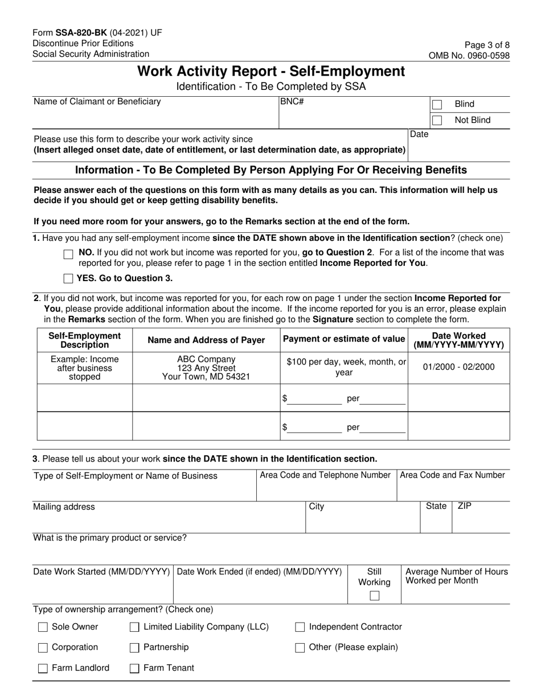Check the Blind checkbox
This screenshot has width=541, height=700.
coord(437,104)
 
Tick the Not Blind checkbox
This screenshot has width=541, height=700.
coord(437,120)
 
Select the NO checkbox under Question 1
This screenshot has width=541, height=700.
coord(68,254)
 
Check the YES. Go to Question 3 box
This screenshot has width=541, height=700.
coord(68,278)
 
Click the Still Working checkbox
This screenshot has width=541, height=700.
coord(374,596)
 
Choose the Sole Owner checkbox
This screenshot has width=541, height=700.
coord(43,627)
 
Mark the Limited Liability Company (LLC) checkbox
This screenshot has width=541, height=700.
coord(134,627)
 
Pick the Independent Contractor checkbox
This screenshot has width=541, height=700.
coord(300,627)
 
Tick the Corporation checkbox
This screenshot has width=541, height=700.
coord(43,648)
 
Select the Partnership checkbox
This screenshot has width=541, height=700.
coord(134,648)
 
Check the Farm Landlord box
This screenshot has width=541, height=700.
coord(43,669)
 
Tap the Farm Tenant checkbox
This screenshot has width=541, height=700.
coord(134,669)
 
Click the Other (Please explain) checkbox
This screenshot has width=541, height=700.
coord(300,648)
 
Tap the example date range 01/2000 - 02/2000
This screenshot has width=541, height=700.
coord(458,367)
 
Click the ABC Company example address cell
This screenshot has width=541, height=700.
coord(206,368)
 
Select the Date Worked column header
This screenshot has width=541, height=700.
coord(458,340)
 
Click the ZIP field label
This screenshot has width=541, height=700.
coord(464,506)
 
